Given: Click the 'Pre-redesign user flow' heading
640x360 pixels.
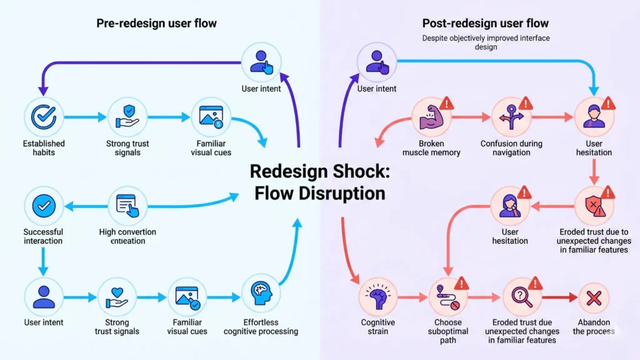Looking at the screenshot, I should point(156,23).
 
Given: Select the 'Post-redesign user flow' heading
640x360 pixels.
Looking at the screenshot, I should point(485,23).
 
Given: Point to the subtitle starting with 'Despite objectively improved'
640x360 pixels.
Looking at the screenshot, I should point(485,42).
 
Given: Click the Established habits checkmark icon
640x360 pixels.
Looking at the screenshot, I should point(44,116).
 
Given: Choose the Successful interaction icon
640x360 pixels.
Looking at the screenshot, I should point(44,206).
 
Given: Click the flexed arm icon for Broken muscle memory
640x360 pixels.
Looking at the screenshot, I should point(431,117).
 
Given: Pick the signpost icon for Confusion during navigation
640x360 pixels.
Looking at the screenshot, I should point(511,117).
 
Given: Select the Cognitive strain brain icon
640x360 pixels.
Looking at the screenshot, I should point(377,296).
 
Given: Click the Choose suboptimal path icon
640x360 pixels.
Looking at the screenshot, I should point(447,296).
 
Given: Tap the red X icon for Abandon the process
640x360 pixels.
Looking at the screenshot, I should point(594,297).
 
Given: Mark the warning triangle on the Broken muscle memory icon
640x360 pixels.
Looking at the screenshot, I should point(446,103).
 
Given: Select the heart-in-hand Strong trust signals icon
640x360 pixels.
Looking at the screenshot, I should point(117,296).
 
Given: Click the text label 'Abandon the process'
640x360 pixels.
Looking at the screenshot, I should point(594,327).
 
